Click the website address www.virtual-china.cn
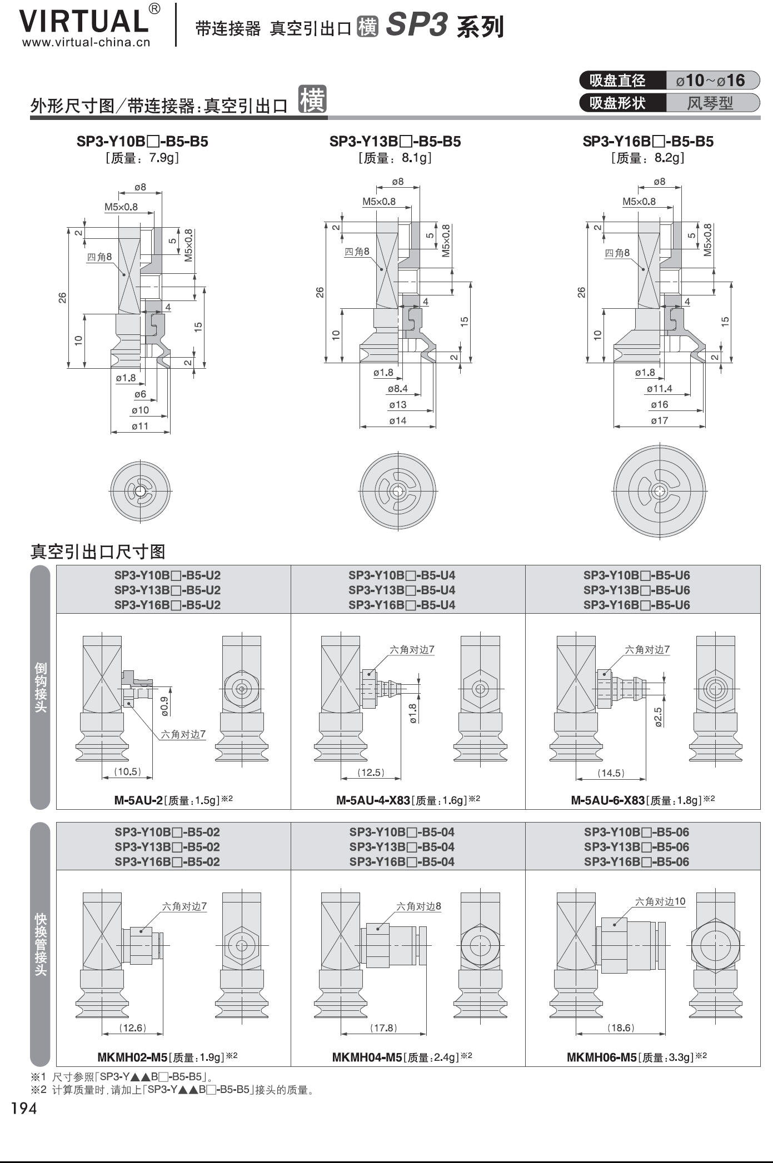[86, 43]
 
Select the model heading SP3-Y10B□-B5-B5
[142, 142]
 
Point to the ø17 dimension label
[659, 420]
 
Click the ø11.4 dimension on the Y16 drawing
[659, 389]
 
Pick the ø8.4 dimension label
[398, 389]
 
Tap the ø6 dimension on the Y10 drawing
[140, 394]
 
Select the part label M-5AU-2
[138, 800]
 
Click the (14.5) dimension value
[611, 773]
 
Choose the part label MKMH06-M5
[601, 1057]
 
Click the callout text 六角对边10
[660, 902]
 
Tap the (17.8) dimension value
[383, 1028]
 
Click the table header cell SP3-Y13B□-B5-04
[402, 847]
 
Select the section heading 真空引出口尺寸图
[98, 552]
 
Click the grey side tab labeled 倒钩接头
[41, 687]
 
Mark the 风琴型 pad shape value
[710, 103]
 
